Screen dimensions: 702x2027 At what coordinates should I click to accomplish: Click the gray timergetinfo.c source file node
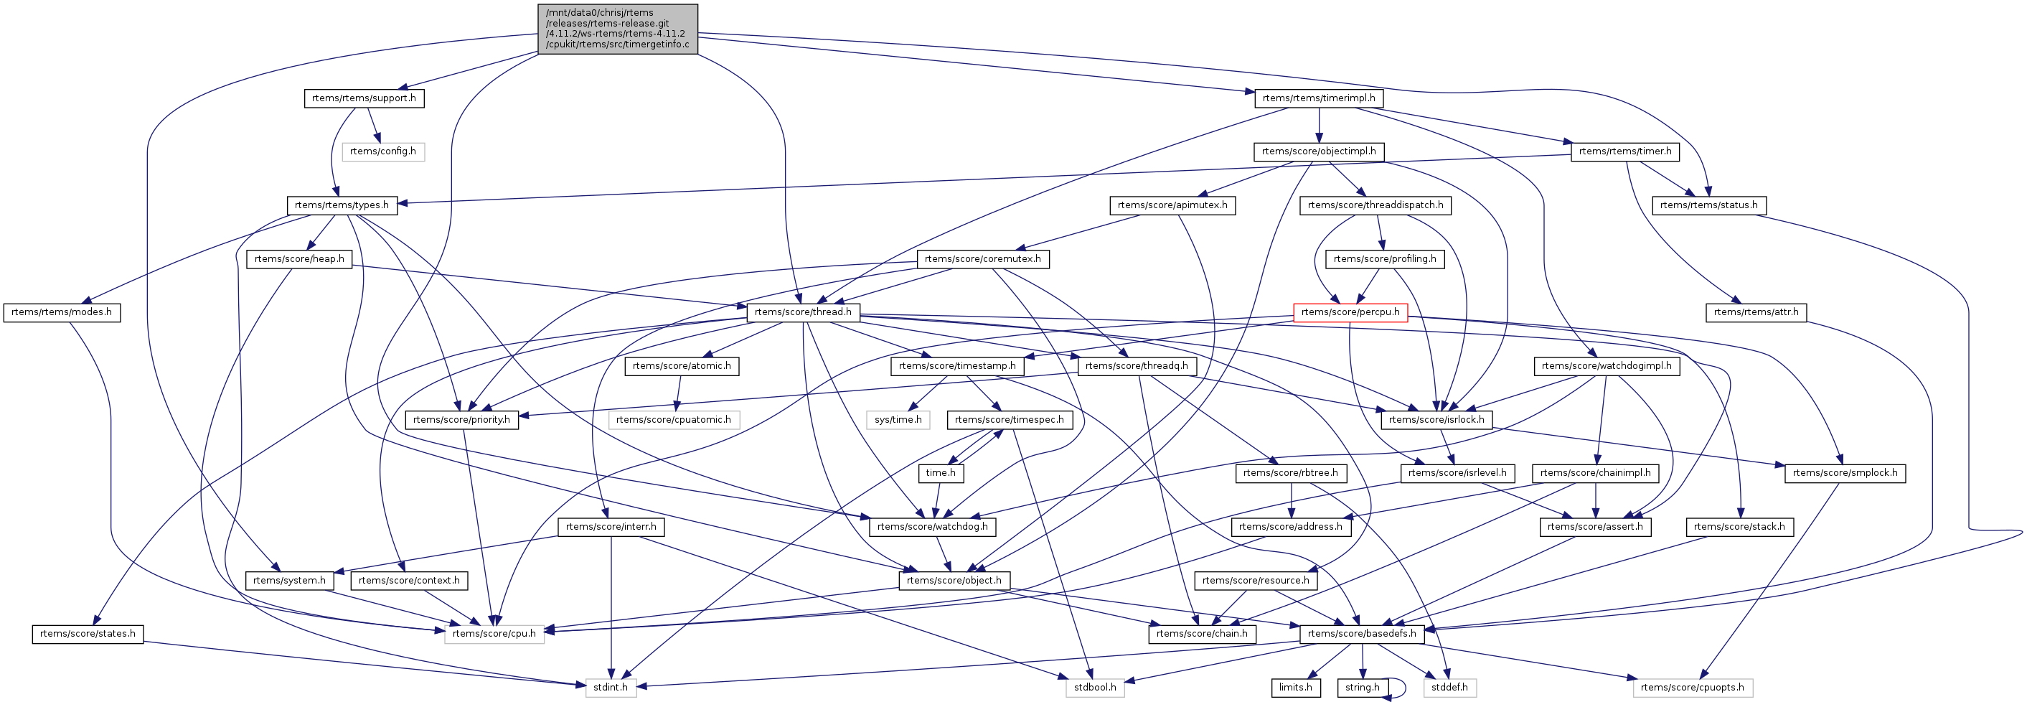[618, 28]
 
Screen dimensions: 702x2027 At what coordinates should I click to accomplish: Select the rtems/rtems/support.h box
[364, 98]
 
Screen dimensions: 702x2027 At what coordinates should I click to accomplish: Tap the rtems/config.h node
[383, 151]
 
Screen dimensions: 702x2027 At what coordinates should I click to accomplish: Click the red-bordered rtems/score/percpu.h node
[1350, 312]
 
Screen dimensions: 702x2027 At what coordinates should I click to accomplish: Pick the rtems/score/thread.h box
[803, 312]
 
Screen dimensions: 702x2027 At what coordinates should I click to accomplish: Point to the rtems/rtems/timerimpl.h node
[1319, 98]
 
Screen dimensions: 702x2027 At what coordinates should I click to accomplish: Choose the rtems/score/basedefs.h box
[1362, 634]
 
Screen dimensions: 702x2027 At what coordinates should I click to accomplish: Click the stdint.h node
[611, 687]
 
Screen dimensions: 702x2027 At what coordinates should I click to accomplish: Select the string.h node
[1362, 687]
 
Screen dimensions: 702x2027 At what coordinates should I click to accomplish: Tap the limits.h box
[1295, 687]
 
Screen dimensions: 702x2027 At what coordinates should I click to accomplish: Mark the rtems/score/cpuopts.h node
[1693, 687]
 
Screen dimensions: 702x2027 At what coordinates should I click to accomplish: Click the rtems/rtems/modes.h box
[62, 312]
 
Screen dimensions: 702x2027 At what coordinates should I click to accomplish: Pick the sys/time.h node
[898, 419]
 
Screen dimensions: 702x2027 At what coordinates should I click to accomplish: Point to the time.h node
[941, 473]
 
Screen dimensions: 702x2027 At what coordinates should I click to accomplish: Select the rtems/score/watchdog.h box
[933, 527]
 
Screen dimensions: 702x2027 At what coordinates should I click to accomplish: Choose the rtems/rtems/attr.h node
[1756, 312]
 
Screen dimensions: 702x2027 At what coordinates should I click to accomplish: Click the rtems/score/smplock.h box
[1845, 473]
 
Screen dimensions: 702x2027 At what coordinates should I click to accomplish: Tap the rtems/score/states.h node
[88, 634]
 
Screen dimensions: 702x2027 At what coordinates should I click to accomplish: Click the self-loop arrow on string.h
[1402, 687]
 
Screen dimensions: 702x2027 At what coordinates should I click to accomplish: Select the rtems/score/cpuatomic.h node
[674, 419]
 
